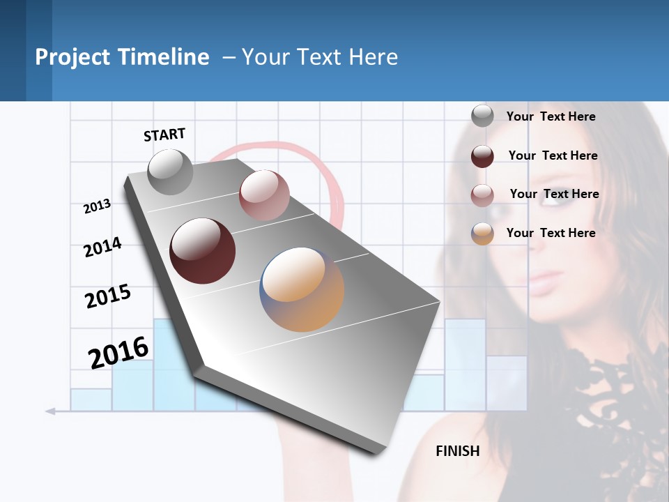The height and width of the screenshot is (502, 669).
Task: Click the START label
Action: pos(164,135)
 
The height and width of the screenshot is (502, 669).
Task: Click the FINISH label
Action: pos(458,451)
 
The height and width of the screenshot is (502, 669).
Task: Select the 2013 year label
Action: pos(98,206)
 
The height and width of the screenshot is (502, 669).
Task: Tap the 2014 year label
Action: pos(102,248)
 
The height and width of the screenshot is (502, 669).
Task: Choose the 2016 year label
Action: pos(118,353)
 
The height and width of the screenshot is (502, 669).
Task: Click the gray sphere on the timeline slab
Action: pos(171,172)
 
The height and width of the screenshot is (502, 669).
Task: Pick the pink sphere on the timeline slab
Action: pos(264,195)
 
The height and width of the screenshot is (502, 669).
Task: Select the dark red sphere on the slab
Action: pos(203,251)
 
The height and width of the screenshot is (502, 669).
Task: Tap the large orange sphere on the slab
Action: pos(302,289)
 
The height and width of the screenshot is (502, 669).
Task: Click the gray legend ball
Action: pos(482,116)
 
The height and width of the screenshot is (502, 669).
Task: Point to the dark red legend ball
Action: pos(482,156)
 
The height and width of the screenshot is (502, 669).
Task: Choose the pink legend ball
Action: pos(482,195)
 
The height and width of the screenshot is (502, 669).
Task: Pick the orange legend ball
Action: pos(482,234)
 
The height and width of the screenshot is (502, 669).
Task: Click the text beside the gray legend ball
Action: pos(551,116)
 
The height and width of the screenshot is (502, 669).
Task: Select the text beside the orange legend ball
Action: pos(551,233)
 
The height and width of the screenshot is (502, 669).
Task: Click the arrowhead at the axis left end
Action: pos(50,411)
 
